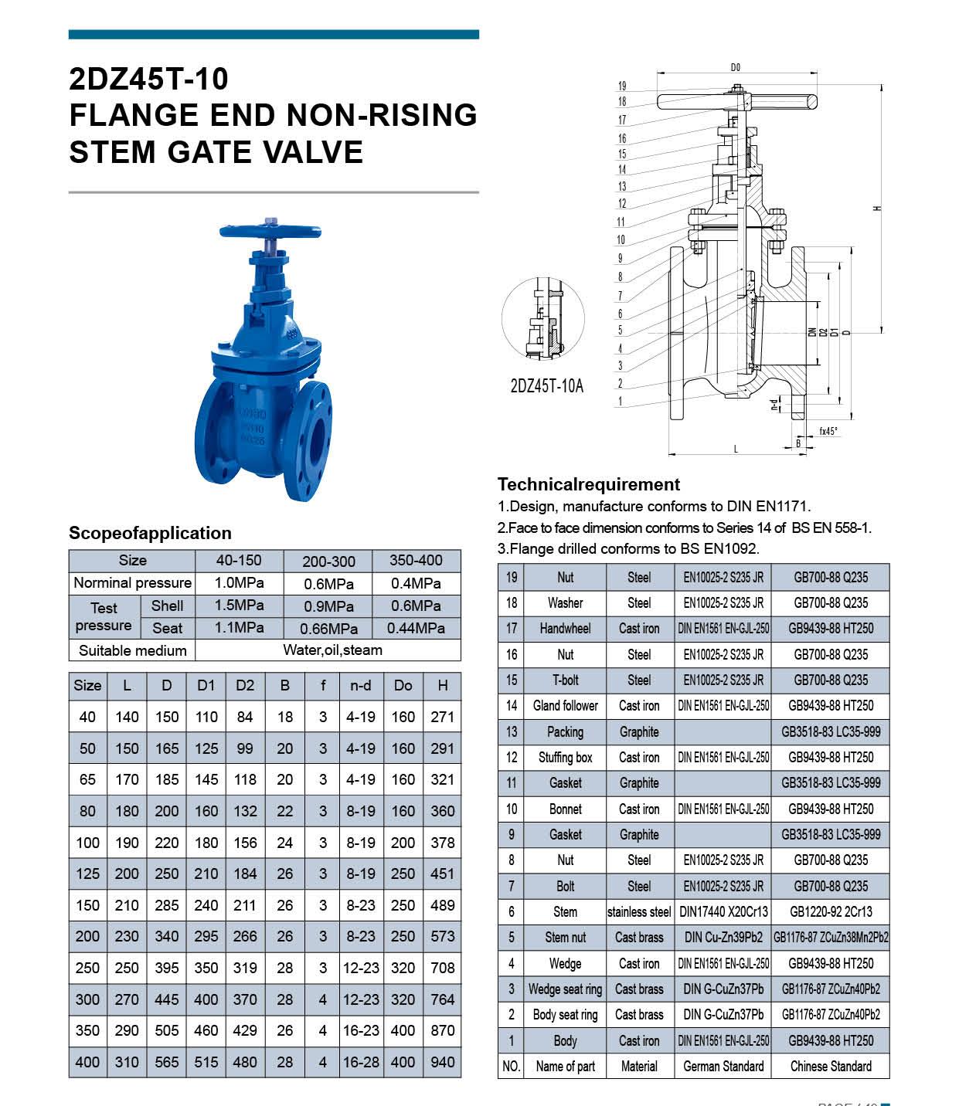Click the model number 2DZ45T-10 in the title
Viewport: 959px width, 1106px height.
(x=148, y=79)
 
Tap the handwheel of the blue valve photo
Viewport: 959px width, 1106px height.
(x=269, y=231)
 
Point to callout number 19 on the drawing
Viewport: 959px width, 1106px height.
(x=622, y=87)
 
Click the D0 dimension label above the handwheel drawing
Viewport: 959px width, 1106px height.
(x=735, y=68)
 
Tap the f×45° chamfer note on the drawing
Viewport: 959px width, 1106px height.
(x=828, y=432)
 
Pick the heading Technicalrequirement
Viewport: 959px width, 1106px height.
(x=588, y=484)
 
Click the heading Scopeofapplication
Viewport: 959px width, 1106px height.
(x=150, y=533)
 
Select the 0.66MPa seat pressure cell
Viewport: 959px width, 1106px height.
(x=328, y=629)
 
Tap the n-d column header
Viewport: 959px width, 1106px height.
(x=361, y=685)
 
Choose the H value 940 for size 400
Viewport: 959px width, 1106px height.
(x=442, y=1062)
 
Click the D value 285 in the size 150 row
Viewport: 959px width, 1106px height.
(x=167, y=905)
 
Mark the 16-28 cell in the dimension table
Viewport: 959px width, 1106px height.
(x=361, y=1062)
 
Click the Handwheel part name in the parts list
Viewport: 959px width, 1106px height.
(x=565, y=629)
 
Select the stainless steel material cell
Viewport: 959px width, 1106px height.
(x=639, y=912)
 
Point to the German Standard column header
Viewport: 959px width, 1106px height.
(x=723, y=1067)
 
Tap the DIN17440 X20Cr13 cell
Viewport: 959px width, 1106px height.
(x=723, y=912)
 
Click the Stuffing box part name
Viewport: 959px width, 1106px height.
(x=565, y=758)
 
